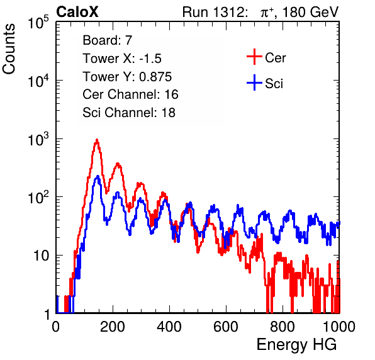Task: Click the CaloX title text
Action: pos(77,12)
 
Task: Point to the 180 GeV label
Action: pos(311,12)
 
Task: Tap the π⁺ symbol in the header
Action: pos(267,12)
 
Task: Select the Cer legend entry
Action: pos(266,57)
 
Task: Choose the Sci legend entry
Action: pos(265,83)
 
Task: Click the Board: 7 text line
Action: pos(108,40)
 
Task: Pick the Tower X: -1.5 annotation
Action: pos(122,59)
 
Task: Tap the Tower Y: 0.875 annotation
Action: pos(127,77)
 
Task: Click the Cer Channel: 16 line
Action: pos(130,94)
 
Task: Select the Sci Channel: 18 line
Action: pos(129,113)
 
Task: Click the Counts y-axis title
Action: pos(9,49)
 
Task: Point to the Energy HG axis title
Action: pos(296,345)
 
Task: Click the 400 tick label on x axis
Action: pos(169,327)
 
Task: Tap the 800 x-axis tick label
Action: pos(283,327)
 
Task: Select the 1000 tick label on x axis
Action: pos(339,327)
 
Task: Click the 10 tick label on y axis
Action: pos(42,256)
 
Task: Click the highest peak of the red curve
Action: pos(97,139)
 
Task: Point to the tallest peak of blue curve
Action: pos(98,176)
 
